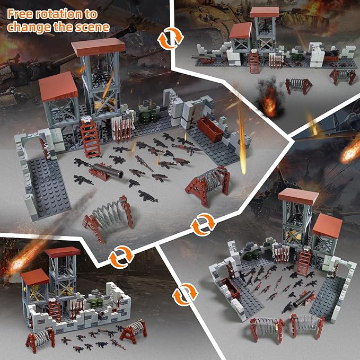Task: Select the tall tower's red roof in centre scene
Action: pyautogui.click(x=98, y=47)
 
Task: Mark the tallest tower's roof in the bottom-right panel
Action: pyautogui.click(x=297, y=196)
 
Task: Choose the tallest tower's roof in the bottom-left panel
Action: pyautogui.click(x=63, y=252)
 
